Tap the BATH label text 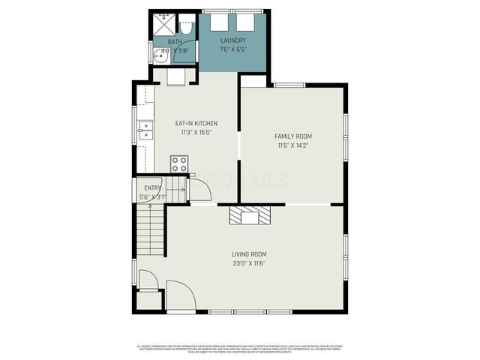(174, 42)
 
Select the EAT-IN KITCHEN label (196, 123)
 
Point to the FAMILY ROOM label (292, 136)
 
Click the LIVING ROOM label (249, 254)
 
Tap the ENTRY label (152, 188)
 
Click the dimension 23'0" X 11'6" (249, 263)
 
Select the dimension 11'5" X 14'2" (292, 145)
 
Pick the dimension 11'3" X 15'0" (196, 132)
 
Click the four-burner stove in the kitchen (179, 163)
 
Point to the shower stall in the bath (162, 22)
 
